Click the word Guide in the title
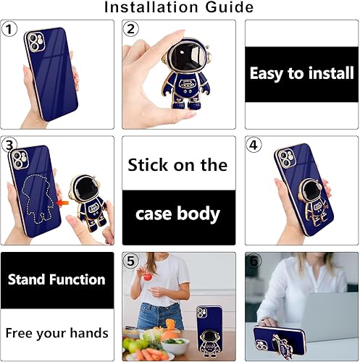pos(227,8)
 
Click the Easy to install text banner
pos(301,74)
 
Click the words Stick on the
pos(178,164)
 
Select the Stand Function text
pos(56,279)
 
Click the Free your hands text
pos(56,333)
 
